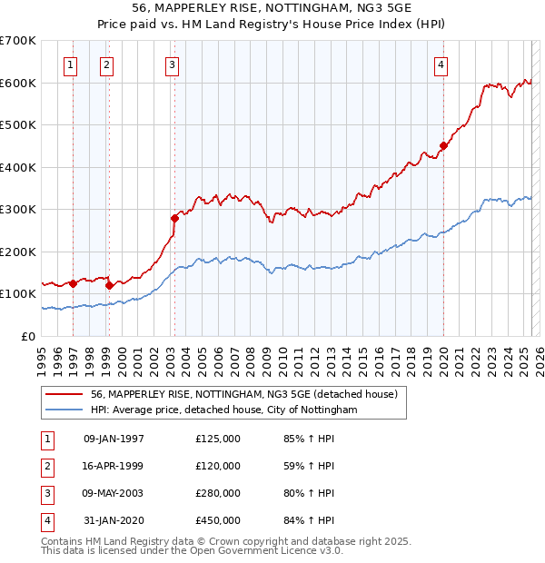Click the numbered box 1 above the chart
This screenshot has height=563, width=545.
71,64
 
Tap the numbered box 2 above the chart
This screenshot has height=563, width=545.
107,64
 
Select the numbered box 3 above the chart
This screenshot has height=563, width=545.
172,64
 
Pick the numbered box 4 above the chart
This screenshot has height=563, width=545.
441,64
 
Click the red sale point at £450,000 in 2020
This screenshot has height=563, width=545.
443,145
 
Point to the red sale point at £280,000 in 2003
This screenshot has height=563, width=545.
174,218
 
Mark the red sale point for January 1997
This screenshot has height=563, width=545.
74,283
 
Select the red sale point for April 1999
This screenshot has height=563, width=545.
109,285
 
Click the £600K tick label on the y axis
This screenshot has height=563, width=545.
18,83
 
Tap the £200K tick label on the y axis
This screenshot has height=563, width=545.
18,252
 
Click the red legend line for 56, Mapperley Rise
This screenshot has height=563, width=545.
64,395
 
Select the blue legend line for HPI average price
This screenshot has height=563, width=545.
64,410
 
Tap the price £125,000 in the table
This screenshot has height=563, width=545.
218,439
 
